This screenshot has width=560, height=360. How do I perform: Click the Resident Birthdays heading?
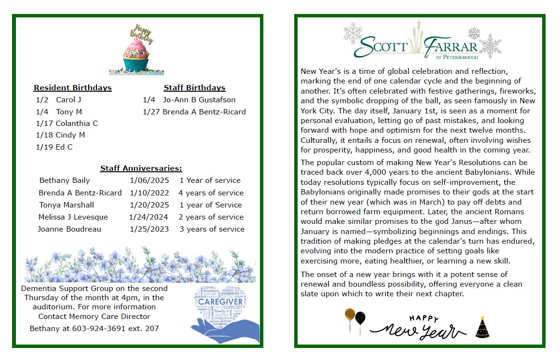click(72, 88)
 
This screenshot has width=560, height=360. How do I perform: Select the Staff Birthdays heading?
click(194, 88)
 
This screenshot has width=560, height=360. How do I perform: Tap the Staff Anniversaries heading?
click(141, 168)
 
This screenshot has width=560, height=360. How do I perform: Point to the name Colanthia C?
click(77, 124)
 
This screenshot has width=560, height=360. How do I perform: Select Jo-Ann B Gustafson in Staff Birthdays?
click(199, 100)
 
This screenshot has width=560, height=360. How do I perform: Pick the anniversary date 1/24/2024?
click(149, 217)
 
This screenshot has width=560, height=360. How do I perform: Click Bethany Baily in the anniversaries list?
click(65, 180)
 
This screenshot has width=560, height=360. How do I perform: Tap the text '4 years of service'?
click(211, 193)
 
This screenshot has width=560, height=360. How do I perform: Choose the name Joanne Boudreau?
click(69, 229)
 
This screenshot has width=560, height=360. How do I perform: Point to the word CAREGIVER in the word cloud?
click(220, 302)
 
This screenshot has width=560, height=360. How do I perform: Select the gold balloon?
click(350, 316)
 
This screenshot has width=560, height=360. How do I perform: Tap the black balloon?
click(360, 318)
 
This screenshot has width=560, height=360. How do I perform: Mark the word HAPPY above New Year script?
click(424, 318)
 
